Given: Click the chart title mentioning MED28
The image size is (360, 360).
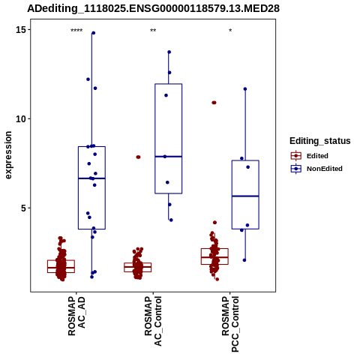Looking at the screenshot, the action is (153, 9).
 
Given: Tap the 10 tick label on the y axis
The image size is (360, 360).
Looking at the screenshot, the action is (21, 119).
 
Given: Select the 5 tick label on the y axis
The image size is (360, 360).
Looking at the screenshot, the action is (24, 208).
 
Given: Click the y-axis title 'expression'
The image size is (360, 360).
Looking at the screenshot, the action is (8, 155).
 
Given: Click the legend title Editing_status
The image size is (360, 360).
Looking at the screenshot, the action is (320, 141).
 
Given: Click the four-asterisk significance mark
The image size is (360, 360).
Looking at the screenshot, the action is (76, 31).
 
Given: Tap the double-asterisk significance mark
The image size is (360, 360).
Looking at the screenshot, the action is (153, 31).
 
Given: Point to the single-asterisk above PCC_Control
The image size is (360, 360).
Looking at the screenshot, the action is (230, 31).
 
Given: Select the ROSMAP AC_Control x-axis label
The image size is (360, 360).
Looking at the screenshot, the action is (153, 321).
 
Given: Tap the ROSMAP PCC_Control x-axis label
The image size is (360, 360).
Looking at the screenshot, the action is (230, 324).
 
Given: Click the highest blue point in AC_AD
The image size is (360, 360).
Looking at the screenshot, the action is (93, 33).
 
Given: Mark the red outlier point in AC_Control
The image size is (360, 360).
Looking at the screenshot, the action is (138, 157).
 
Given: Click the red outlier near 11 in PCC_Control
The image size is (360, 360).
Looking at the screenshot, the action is (214, 103).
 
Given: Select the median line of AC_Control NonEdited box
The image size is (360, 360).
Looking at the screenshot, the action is (169, 157).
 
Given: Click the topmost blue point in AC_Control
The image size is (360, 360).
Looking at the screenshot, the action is (169, 52).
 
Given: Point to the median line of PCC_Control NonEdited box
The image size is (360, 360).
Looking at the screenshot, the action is (245, 196).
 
